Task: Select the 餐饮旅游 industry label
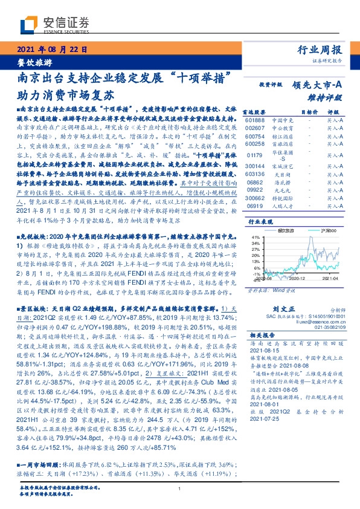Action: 31,62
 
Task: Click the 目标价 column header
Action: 309,112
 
